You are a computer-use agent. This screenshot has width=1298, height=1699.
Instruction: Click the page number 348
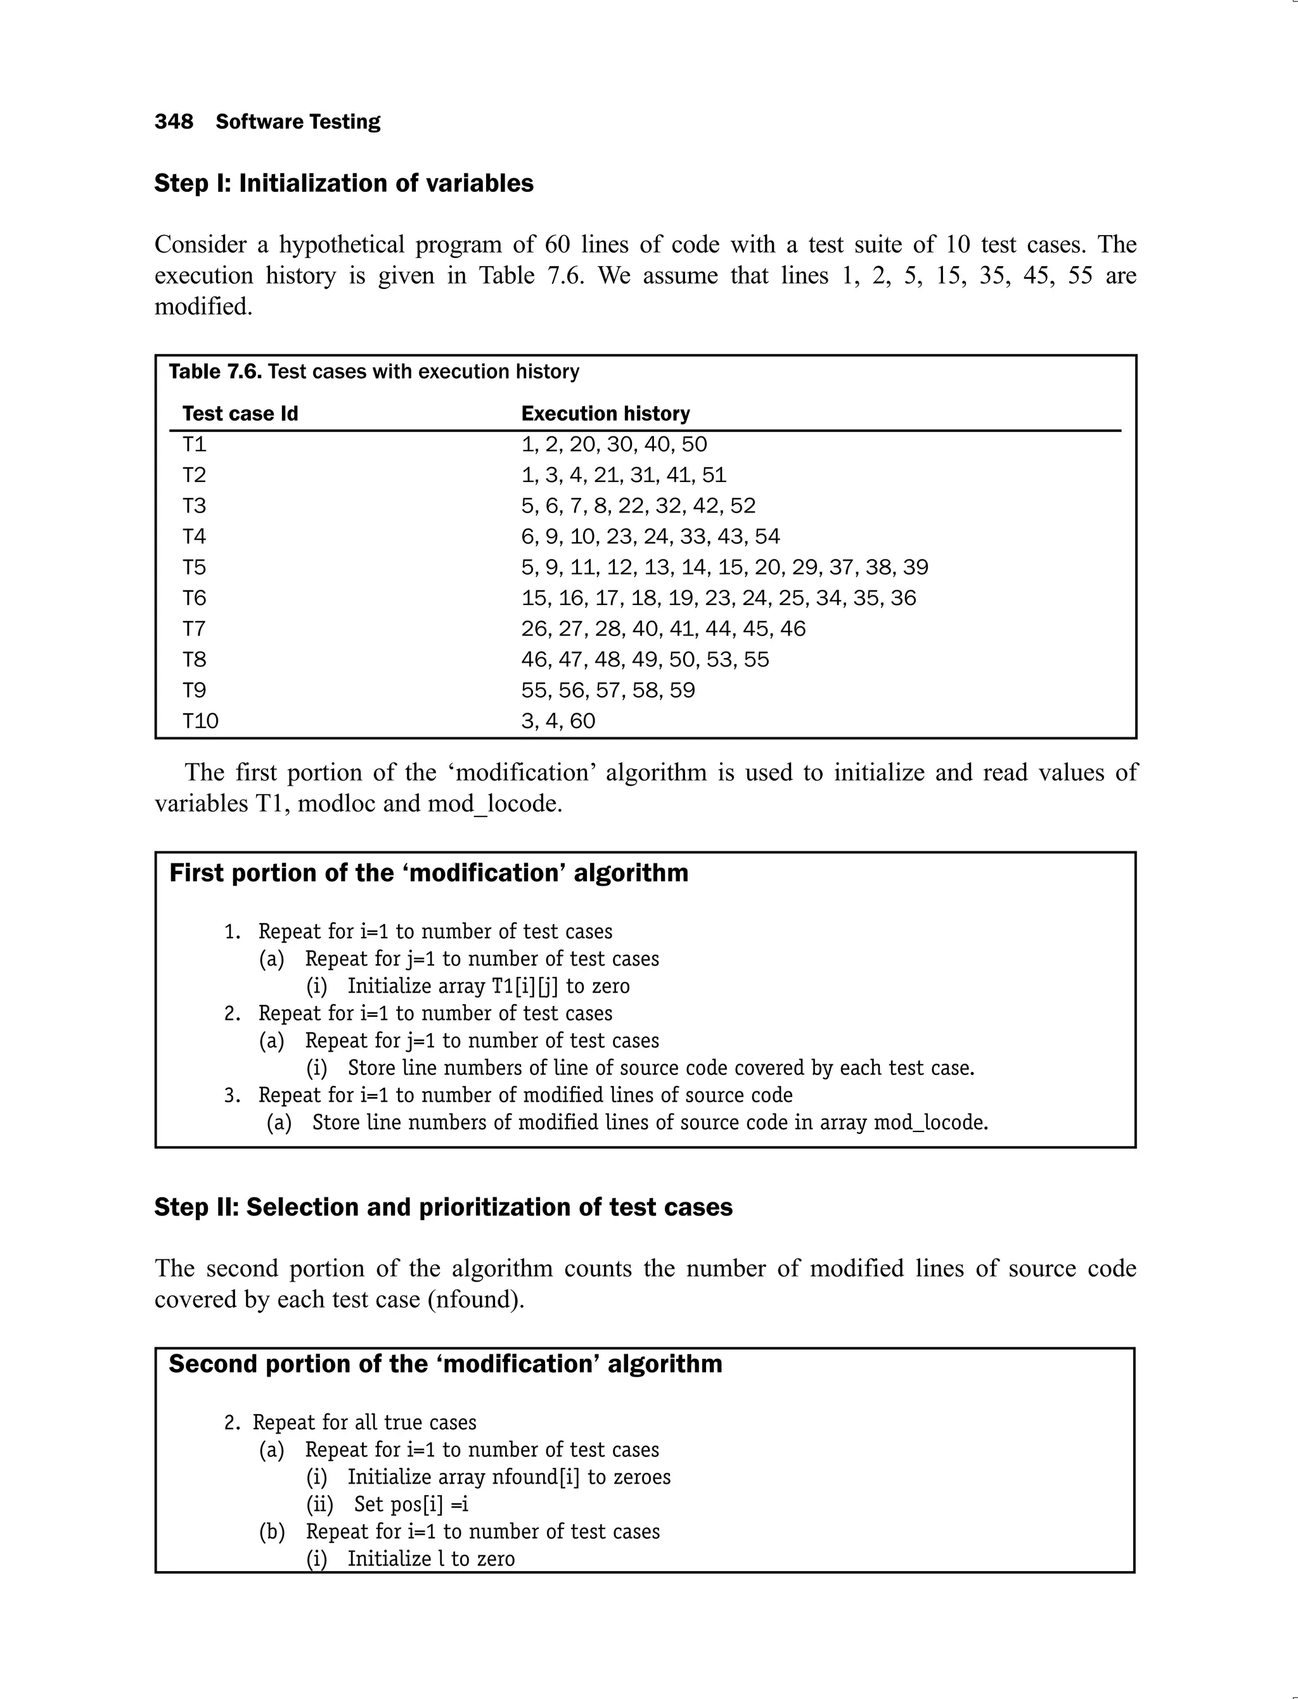[174, 122]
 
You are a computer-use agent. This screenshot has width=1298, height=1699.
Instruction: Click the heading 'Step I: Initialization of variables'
[344, 184]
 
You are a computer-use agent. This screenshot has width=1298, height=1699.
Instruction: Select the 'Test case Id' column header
[240, 414]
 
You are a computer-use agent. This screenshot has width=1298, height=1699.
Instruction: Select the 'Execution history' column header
[605, 414]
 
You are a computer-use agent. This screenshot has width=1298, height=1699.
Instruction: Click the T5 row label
[194, 568]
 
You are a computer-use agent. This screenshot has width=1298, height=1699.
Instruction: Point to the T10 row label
[200, 722]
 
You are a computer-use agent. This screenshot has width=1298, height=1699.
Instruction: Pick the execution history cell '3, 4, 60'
[558, 722]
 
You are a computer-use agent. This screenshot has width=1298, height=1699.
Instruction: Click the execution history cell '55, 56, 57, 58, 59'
[608, 690]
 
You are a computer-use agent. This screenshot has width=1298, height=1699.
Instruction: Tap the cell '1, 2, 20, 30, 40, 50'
[614, 445]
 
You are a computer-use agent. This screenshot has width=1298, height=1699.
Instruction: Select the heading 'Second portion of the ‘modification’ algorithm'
[445, 1365]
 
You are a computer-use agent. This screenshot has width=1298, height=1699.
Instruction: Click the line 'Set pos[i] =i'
[411, 1505]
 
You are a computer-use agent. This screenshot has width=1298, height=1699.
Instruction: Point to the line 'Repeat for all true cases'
[364, 1423]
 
